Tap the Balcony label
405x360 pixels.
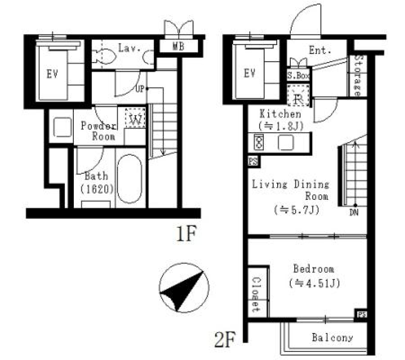[x=332, y=338]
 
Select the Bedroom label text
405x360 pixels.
[x=313, y=269]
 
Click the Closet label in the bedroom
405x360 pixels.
[x=256, y=294]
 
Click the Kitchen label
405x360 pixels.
[x=280, y=114]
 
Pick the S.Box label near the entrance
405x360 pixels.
[x=299, y=76]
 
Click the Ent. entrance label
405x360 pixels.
[x=320, y=51]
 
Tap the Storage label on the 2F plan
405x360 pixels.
[x=358, y=76]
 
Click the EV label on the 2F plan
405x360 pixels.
[x=250, y=73]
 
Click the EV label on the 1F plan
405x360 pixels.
[x=52, y=75]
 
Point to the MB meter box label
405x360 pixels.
[x=178, y=46]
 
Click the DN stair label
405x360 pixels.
[x=354, y=213]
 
